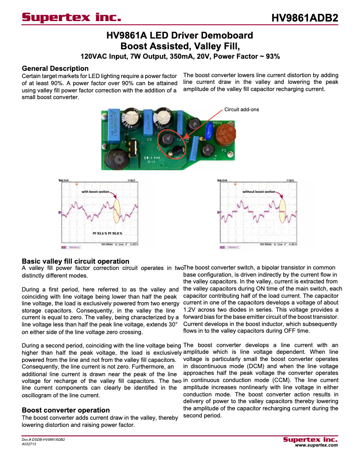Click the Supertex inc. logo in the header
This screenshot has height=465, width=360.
(x=72, y=18)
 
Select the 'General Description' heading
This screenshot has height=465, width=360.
(x=55, y=69)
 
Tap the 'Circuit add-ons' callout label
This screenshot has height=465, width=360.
(x=241, y=109)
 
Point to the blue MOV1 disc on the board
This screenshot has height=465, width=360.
(x=209, y=131)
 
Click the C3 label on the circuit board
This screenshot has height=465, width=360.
(x=149, y=139)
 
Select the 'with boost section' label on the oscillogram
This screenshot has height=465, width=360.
(x=95, y=191)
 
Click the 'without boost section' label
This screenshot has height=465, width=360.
(x=259, y=191)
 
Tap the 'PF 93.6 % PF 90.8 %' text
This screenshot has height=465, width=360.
(x=107, y=234)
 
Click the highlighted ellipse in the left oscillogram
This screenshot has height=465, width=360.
(x=117, y=211)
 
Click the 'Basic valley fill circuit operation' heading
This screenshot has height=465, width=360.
(x=75, y=261)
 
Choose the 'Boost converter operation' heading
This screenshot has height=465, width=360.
(x=66, y=410)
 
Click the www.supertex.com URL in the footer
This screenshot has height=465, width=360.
(x=316, y=445)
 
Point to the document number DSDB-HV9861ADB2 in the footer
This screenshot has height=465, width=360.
(x=44, y=440)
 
